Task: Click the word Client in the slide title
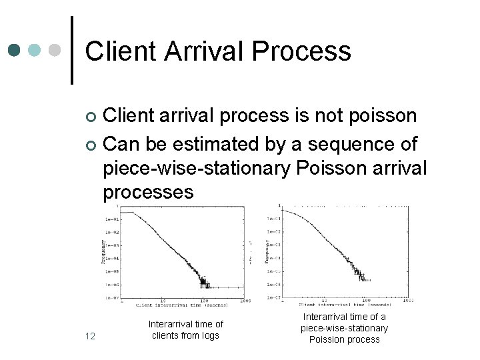click(120, 51)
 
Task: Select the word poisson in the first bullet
click(380, 116)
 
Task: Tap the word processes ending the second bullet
click(148, 192)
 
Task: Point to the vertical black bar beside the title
click(72, 50)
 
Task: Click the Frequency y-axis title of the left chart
click(103, 252)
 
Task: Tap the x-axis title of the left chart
click(181, 305)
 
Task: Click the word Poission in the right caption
click(327, 339)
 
